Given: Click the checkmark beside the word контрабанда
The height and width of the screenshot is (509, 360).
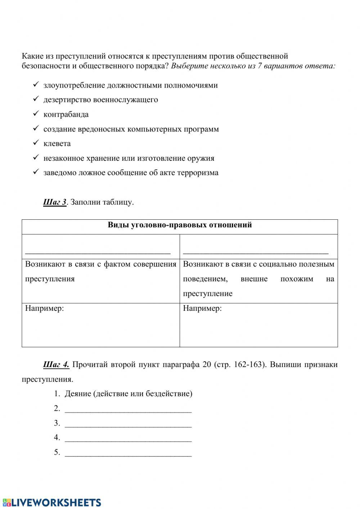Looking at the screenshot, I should [35, 113].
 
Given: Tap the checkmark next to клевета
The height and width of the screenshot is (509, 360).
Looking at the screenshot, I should [35, 143].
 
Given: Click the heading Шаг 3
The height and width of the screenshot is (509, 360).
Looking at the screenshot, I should [55, 202].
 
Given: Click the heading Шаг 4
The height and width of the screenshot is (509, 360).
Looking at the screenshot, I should [56, 365].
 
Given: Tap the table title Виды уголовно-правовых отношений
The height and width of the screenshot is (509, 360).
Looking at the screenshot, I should [180, 225].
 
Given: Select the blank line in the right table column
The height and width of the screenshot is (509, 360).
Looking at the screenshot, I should [256, 253].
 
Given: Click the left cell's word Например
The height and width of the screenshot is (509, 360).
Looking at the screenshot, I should [44, 309].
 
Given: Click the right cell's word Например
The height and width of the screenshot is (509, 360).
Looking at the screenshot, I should [202, 309].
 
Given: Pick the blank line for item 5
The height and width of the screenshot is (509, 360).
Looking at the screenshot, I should [128, 455].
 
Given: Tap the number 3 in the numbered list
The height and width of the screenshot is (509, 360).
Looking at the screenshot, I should [57, 423].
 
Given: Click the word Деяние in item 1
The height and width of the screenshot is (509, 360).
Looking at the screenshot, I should [78, 394].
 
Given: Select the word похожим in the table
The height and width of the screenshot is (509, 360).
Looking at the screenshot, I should [297, 279].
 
